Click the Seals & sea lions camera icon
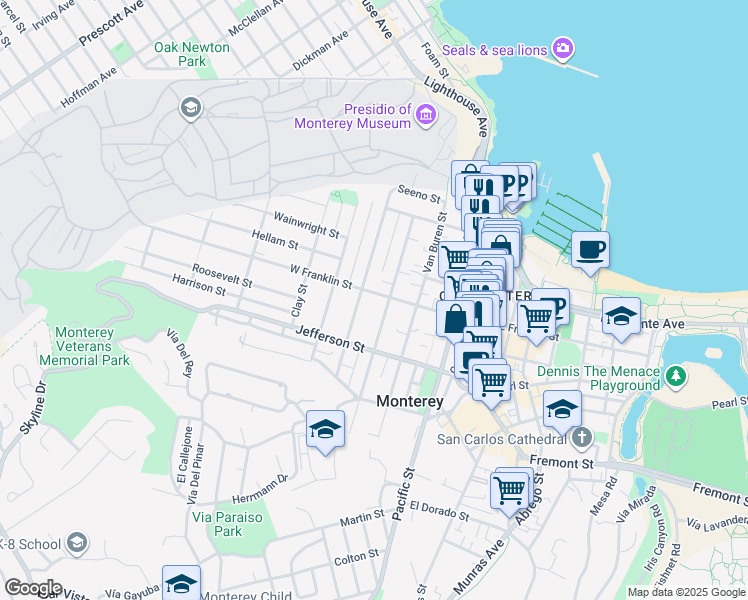pyautogui.click(x=563, y=47)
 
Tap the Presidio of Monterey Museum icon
pyautogui.click(x=426, y=116)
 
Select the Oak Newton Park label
pyautogui.click(x=192, y=54)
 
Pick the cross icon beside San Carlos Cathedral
pyautogui.click(x=582, y=438)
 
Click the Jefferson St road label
pyautogui.click(x=330, y=343)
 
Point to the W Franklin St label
pyautogui.click(x=320, y=277)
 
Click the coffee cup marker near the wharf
pyautogui.click(x=590, y=249)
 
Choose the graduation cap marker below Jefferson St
pyautogui.click(x=325, y=429)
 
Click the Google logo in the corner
pyautogui.click(x=32, y=587)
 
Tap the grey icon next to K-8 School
pyautogui.click(x=77, y=543)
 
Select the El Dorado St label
pyautogui.click(x=438, y=511)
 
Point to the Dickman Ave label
pyautogui.click(x=320, y=49)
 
